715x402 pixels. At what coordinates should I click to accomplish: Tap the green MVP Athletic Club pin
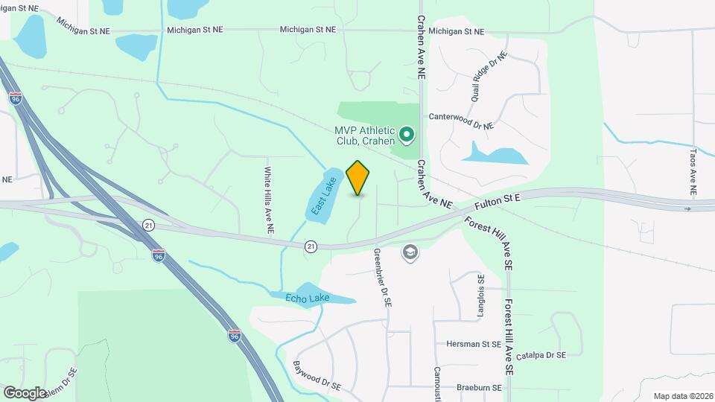click(407, 135)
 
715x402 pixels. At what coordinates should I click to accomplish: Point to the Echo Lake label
click(307, 298)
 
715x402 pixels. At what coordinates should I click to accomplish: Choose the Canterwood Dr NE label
click(461, 117)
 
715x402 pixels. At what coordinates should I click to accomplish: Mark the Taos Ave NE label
click(693, 171)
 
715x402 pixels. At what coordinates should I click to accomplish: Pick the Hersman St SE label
click(473, 345)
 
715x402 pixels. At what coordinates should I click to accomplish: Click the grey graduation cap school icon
click(409, 253)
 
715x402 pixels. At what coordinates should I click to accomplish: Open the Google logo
click(25, 392)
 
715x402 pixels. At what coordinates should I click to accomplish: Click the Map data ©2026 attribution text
click(681, 396)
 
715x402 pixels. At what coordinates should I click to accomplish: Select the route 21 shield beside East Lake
click(310, 246)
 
